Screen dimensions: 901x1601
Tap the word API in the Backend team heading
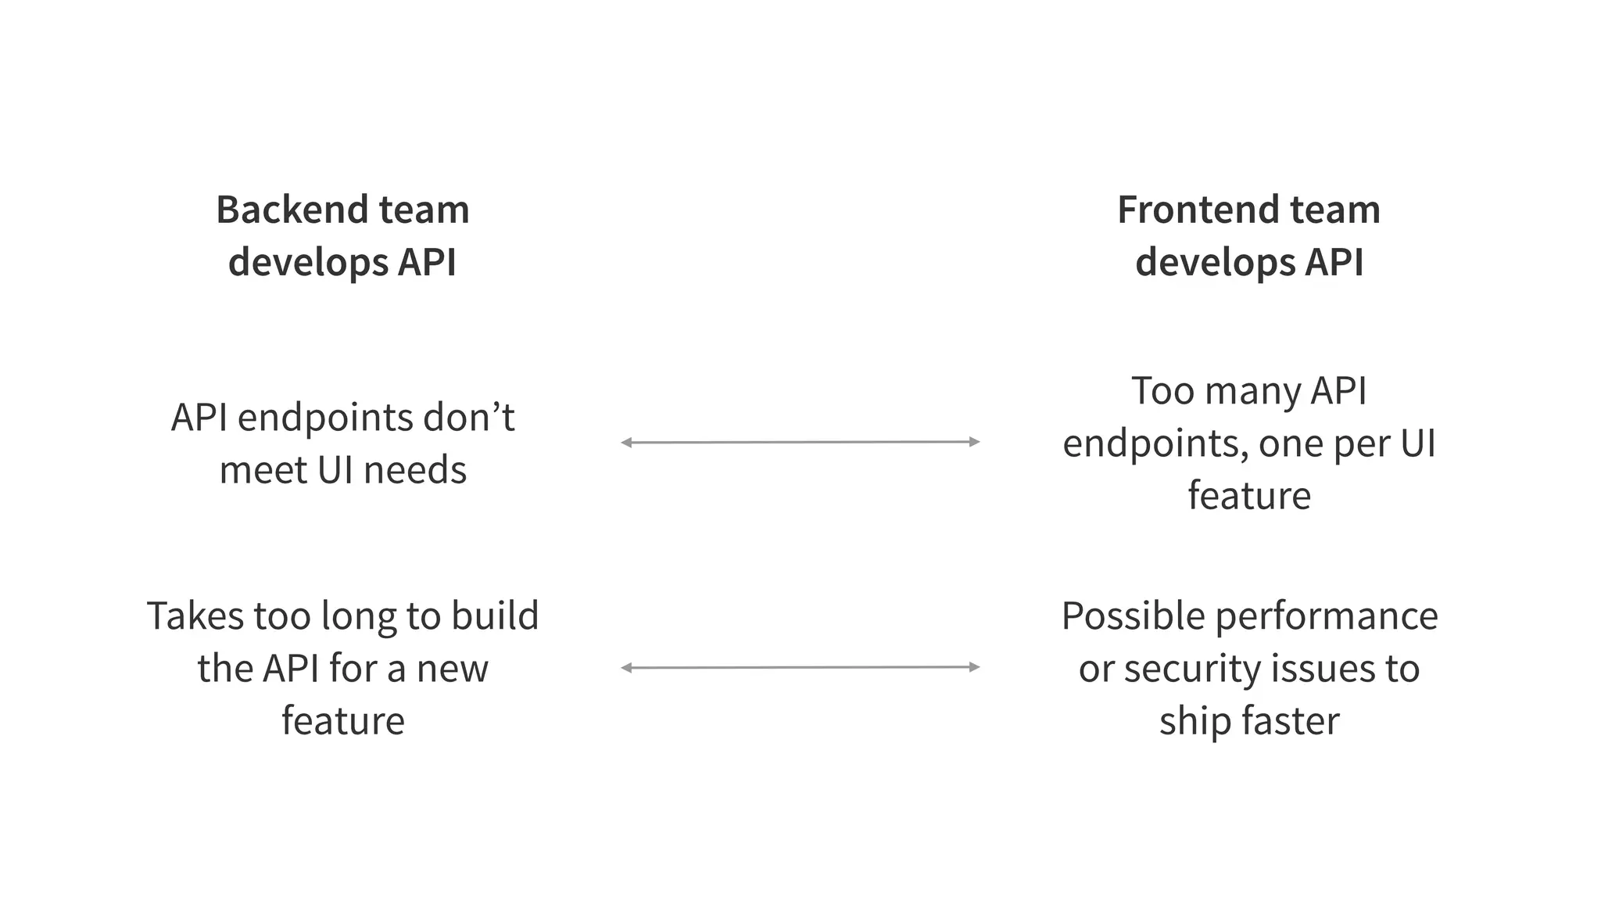tap(427, 261)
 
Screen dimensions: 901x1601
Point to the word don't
tap(468, 417)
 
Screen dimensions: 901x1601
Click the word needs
tap(415, 470)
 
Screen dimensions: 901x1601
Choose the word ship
tap(1192, 722)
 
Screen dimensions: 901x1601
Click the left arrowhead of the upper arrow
tap(625, 443)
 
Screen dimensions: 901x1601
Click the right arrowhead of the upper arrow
tap(975, 442)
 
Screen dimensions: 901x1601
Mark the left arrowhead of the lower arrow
tap(625, 668)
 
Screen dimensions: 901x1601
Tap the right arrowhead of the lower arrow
tap(975, 667)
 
